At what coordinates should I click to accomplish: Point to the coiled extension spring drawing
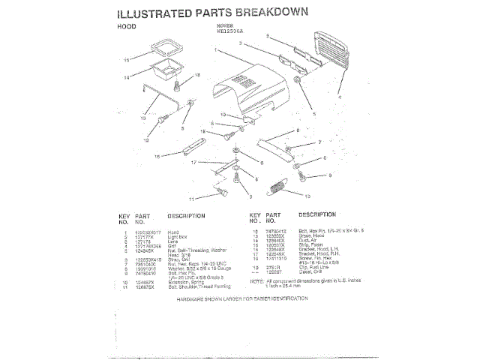click(x=277, y=184)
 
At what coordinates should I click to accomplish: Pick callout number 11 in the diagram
click(x=190, y=199)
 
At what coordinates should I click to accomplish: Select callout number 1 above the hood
click(x=216, y=50)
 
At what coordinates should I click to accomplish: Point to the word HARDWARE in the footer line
click(x=193, y=298)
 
